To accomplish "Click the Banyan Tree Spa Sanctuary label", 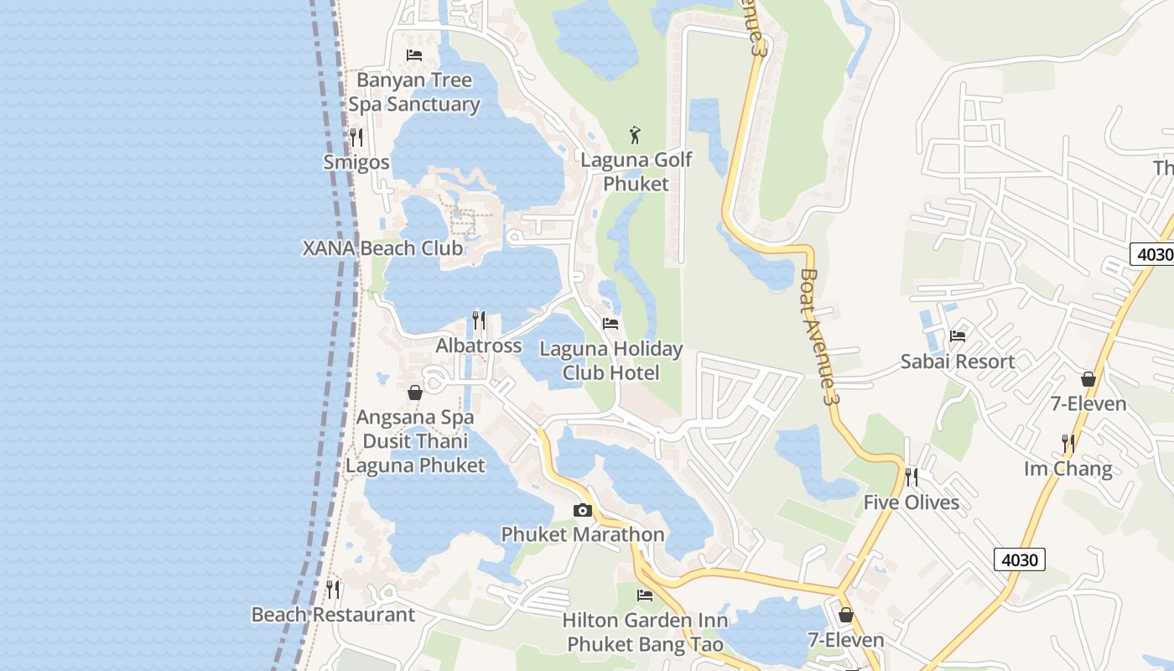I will (x=414, y=92).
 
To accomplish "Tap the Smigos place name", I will (x=356, y=162).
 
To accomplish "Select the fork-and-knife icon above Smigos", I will (x=356, y=138).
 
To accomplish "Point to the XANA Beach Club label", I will (x=382, y=248).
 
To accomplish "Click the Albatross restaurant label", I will (x=478, y=346).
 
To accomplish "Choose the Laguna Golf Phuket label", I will (x=636, y=171).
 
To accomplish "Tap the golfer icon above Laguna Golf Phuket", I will (x=636, y=134).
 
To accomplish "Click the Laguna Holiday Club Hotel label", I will (x=610, y=361).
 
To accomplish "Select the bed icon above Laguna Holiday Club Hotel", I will (x=610, y=323).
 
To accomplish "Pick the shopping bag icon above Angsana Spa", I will (x=415, y=392).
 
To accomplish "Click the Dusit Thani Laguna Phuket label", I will (x=415, y=453).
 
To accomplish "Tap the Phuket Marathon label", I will (x=583, y=534).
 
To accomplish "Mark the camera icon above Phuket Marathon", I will (x=583, y=510).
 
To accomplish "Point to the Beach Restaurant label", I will (x=333, y=614).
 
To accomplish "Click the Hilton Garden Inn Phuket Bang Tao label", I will (x=645, y=632).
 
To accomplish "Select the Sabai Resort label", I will (x=958, y=362).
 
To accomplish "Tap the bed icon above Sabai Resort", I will (x=958, y=336).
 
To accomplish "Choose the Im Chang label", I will (x=1068, y=469).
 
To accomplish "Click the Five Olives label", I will (x=912, y=502).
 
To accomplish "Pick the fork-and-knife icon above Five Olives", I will (x=912, y=477).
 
